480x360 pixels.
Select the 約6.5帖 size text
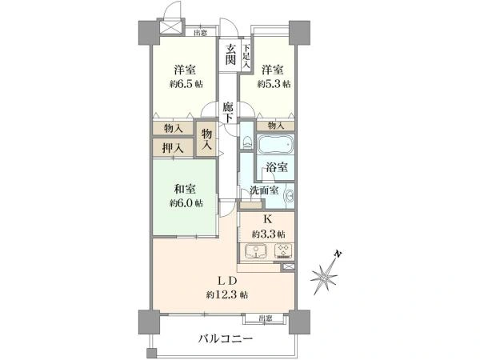[186, 83]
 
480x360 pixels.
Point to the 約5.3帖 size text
[274, 83]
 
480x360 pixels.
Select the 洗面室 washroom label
[263, 191]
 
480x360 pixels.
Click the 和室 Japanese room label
[186, 190]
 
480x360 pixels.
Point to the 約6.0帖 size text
[186, 203]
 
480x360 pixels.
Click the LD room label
[227, 281]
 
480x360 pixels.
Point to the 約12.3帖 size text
[227, 295]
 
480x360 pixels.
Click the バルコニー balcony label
[226, 339]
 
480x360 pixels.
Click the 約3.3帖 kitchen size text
[268, 234]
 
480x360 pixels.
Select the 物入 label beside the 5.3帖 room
[276, 126]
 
